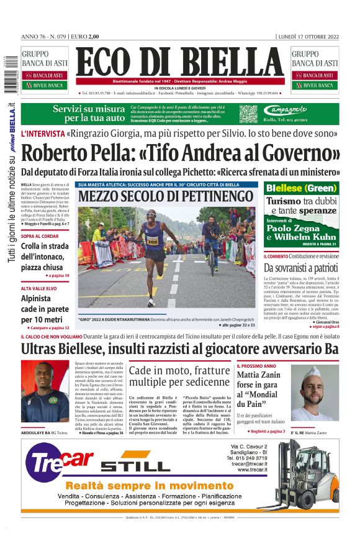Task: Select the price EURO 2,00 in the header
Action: pos(85,36)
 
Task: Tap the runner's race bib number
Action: pos(153,241)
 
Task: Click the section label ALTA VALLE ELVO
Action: pos(40,289)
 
